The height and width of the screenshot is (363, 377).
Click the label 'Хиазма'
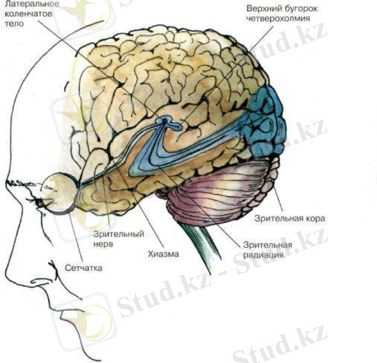[x=163, y=254]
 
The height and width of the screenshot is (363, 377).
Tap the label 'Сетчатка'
[x=83, y=267]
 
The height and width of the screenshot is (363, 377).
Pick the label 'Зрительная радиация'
[x=267, y=250]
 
